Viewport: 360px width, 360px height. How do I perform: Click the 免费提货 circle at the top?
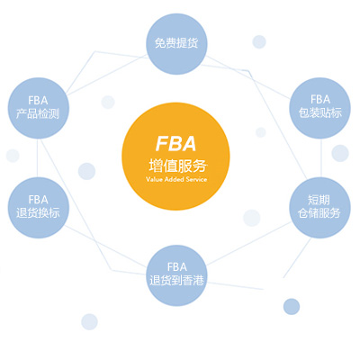click(176, 41)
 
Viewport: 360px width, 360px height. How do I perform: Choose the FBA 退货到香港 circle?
click(177, 273)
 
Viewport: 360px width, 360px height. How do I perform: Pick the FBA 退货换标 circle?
click(38, 206)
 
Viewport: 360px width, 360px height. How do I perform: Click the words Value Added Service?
click(176, 181)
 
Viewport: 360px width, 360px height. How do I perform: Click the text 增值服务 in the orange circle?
click(176, 166)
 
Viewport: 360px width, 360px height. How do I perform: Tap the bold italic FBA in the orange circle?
click(176, 144)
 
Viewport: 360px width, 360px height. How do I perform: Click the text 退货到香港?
click(177, 280)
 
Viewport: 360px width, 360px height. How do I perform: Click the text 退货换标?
click(38, 214)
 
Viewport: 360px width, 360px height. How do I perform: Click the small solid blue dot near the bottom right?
click(291, 307)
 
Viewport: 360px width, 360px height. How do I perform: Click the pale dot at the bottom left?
click(89, 321)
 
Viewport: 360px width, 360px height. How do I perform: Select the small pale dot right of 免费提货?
click(259, 41)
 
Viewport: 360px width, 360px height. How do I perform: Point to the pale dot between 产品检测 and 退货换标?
click(13, 155)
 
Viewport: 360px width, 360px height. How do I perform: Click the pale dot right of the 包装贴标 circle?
click(339, 153)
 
